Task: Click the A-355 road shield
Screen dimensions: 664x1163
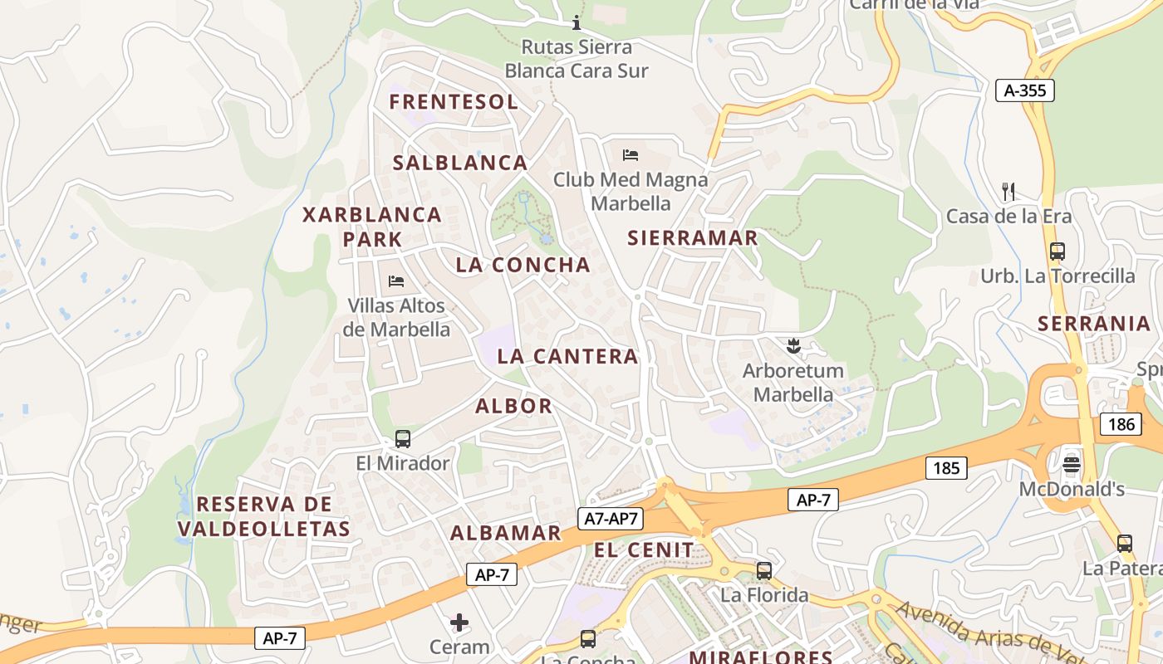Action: click(1024, 90)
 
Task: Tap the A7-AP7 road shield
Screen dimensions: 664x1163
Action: click(611, 519)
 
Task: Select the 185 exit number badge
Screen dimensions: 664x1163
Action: click(946, 468)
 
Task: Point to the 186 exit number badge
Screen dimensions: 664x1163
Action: click(1121, 424)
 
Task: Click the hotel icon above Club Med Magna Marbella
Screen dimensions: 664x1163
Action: click(631, 154)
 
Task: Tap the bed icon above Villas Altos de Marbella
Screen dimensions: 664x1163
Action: click(396, 281)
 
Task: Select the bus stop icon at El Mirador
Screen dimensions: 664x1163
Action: click(403, 438)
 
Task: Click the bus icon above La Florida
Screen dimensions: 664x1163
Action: click(763, 571)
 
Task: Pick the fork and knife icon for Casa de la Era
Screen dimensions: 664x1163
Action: click(1008, 192)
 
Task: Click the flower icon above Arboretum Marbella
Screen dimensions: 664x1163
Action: click(793, 344)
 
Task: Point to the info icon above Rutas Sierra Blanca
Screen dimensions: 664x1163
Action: click(577, 22)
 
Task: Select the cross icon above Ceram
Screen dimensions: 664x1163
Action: click(459, 622)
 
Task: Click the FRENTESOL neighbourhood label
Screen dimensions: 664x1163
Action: click(454, 102)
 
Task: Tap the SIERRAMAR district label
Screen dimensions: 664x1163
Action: click(693, 238)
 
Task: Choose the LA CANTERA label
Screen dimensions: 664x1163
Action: click(567, 357)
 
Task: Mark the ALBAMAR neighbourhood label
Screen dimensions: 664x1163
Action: click(506, 534)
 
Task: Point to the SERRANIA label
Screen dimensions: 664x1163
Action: click(1094, 324)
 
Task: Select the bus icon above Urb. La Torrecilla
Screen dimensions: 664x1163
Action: click(1057, 251)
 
